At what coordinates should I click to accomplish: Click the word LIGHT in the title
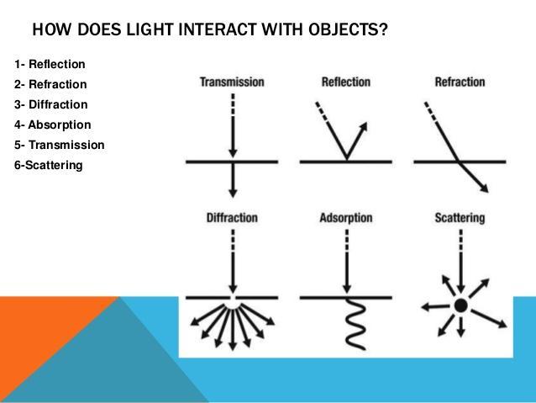pos(150,29)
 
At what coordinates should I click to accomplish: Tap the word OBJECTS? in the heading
pos(348,29)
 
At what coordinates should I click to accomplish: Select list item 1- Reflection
pos(50,64)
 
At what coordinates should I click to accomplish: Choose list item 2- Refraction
pos(50,84)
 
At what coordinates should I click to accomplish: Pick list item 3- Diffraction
pos(51,104)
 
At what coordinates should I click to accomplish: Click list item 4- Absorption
pos(53,125)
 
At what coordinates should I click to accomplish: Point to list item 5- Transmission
pos(59,145)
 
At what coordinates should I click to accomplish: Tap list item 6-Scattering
pos(48,166)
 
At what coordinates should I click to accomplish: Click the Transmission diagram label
pos(232,82)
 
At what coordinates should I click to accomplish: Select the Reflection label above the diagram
pos(346,82)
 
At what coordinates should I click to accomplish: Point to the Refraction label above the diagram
pos(460,82)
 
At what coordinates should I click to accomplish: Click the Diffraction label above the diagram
pos(232,218)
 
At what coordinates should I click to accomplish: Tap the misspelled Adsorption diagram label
pos(346,218)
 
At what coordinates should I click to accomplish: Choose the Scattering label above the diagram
pos(460,218)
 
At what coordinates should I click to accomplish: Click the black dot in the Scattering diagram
pos(460,305)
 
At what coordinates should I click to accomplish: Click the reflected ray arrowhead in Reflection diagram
pos(364,127)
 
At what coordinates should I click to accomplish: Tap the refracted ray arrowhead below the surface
pos(484,188)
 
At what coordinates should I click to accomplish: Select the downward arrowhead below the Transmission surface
pos(233,193)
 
